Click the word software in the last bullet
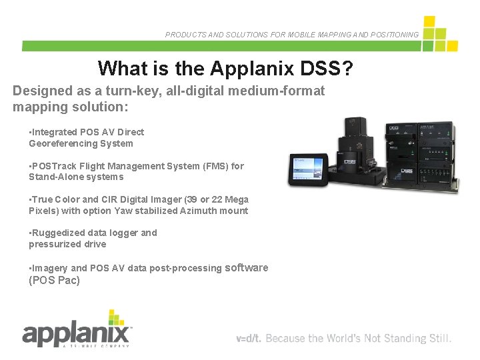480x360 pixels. pyautogui.click(x=247, y=267)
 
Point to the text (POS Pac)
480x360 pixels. pyautogui.click(x=54, y=280)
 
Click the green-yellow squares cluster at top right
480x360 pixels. pyautogui.click(x=439, y=35)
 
